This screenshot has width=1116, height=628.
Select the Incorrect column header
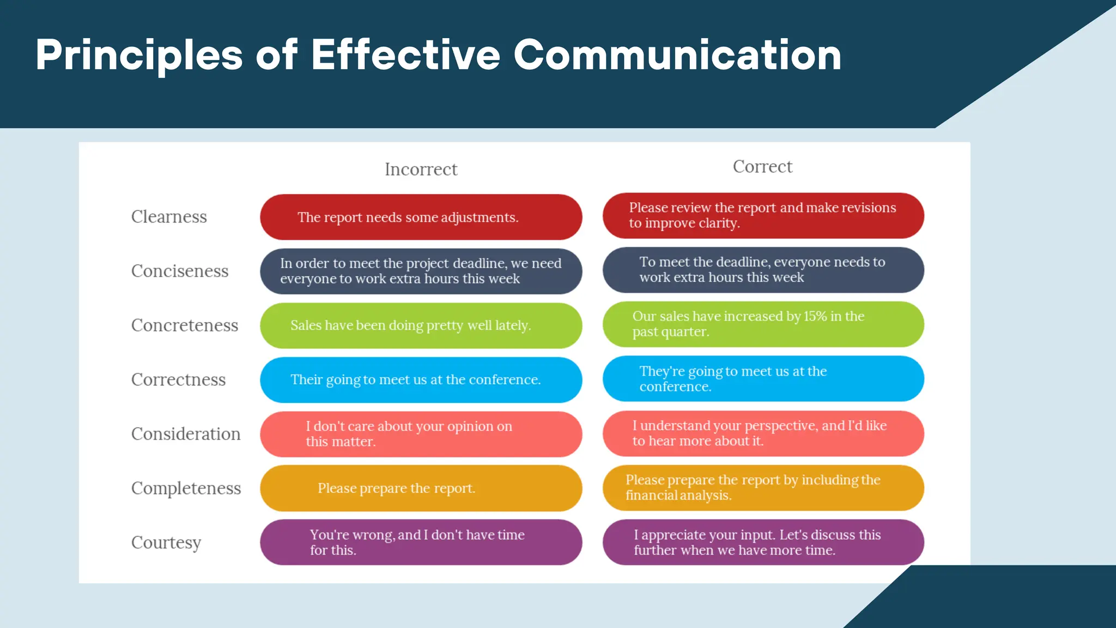421,169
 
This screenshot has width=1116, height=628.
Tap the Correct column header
762,166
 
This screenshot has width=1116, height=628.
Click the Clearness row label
169,216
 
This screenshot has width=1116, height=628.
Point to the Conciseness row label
180,271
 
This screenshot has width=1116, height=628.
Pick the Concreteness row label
185,325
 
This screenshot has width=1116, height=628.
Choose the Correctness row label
178,379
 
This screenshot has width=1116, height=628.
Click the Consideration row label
186,434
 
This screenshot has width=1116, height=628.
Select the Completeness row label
186,488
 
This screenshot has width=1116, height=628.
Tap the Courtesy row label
166,542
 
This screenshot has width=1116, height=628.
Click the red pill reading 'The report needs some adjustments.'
421,217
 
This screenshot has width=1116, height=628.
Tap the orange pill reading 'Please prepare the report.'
421,488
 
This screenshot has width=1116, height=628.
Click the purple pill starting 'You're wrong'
421,542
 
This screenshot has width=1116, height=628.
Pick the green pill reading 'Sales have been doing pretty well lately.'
421,325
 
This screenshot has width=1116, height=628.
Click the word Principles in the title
139,55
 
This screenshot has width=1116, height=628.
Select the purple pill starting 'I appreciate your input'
763,542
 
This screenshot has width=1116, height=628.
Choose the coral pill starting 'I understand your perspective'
763,433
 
